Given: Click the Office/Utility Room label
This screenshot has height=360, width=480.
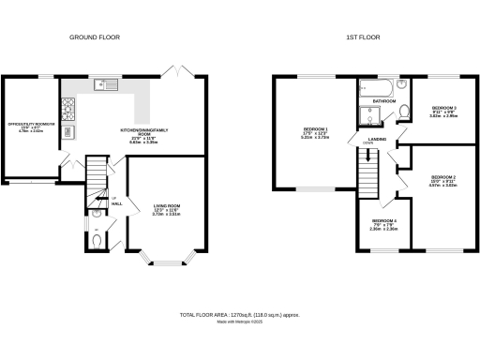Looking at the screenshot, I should pyautogui.click(x=32, y=127).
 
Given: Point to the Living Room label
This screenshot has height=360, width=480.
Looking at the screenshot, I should pyautogui.click(x=166, y=208).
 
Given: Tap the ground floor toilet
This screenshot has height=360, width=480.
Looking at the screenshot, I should pyautogui.click(x=100, y=239).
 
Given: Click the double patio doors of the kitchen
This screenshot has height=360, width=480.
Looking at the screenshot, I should pyautogui.click(x=172, y=71).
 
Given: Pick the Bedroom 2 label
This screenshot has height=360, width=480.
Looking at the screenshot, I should pyautogui.click(x=442, y=180).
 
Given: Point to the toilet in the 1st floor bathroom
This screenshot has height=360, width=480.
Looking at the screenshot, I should pyautogui.click(x=403, y=113).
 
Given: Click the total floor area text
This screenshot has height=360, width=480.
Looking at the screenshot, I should pyautogui.click(x=240, y=315).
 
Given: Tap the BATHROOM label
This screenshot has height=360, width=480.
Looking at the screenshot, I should pyautogui.click(x=383, y=100).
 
